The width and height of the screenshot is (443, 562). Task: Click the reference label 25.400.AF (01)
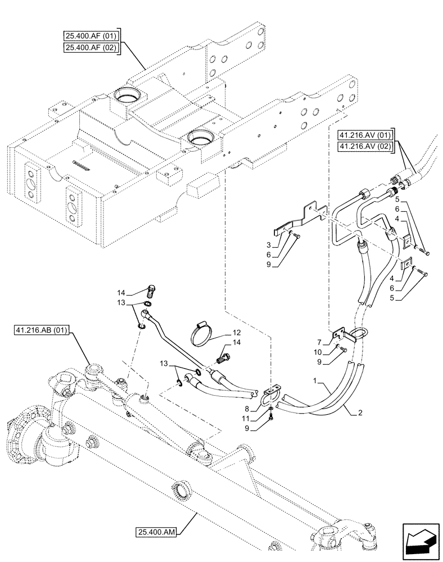[90, 37]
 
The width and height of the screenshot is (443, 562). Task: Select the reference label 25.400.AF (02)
[90, 48]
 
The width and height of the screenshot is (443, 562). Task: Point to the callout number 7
[319, 342]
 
